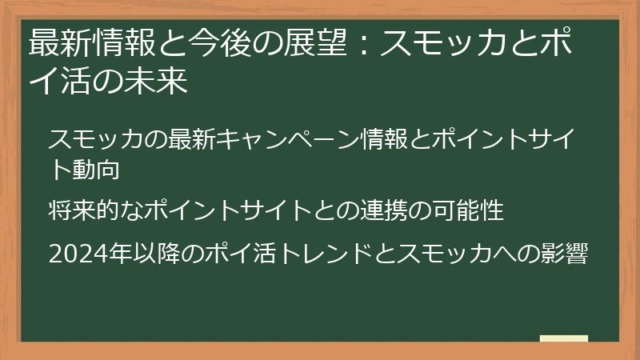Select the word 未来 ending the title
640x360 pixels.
click(x=161, y=82)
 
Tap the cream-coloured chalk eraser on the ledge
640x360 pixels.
click(x=563, y=338)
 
